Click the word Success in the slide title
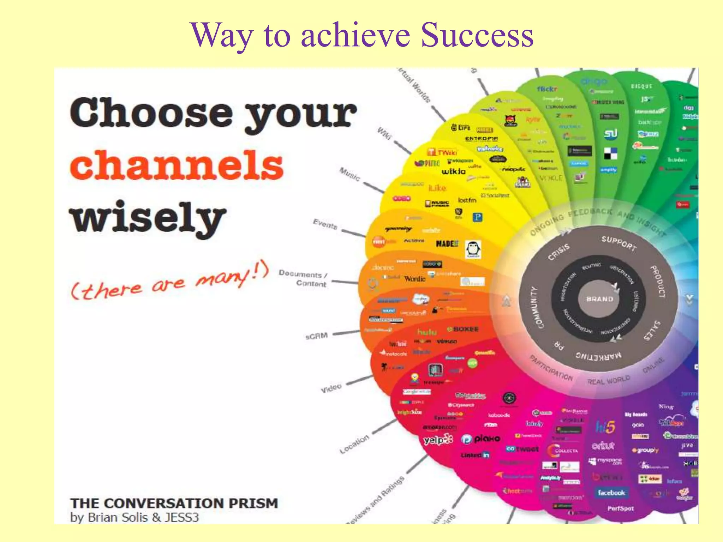pos(477,35)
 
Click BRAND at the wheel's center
pos(600,299)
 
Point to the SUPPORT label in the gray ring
pos(619,243)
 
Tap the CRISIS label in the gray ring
pos(559,252)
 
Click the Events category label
pos(325,224)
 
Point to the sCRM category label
pos(316,336)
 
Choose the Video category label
pos(331,388)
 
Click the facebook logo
pos(611,493)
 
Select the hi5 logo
pos(605,427)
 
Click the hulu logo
pos(427,332)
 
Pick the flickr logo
pos(547,89)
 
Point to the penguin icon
pos(473,249)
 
